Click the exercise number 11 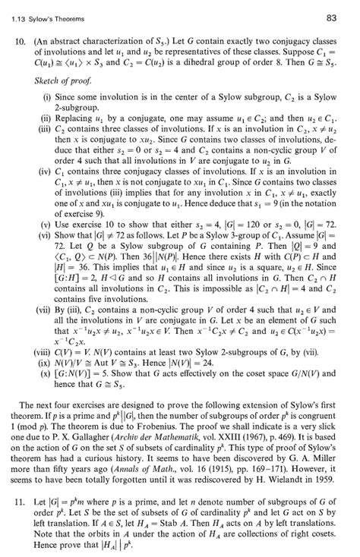tap(23, 504)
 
